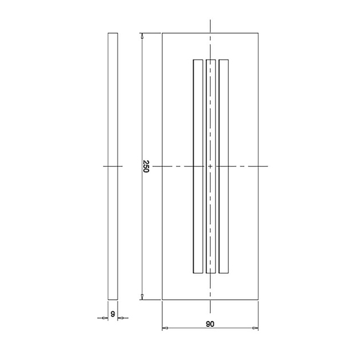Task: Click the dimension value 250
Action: tap(146, 166)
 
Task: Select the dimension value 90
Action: tap(210, 324)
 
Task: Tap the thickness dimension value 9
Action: tap(113, 313)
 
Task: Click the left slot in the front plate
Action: tap(198, 166)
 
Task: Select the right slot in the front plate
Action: tap(223, 166)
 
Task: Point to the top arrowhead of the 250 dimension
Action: tap(142, 35)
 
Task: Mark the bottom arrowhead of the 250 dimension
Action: tap(142, 296)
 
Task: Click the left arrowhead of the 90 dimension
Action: tap(165, 328)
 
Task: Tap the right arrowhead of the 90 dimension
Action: tap(255, 328)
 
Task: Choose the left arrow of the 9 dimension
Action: tap(105, 318)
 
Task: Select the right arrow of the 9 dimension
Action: tap(121, 318)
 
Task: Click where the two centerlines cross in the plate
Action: tap(211, 166)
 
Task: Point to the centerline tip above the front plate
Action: tap(211, 21)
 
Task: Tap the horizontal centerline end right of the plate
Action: tap(267, 166)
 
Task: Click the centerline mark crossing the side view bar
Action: tap(113, 166)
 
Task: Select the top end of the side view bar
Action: tap(113, 34)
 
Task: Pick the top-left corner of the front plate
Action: tap(163, 33)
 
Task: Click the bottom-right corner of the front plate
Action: tap(258, 299)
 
